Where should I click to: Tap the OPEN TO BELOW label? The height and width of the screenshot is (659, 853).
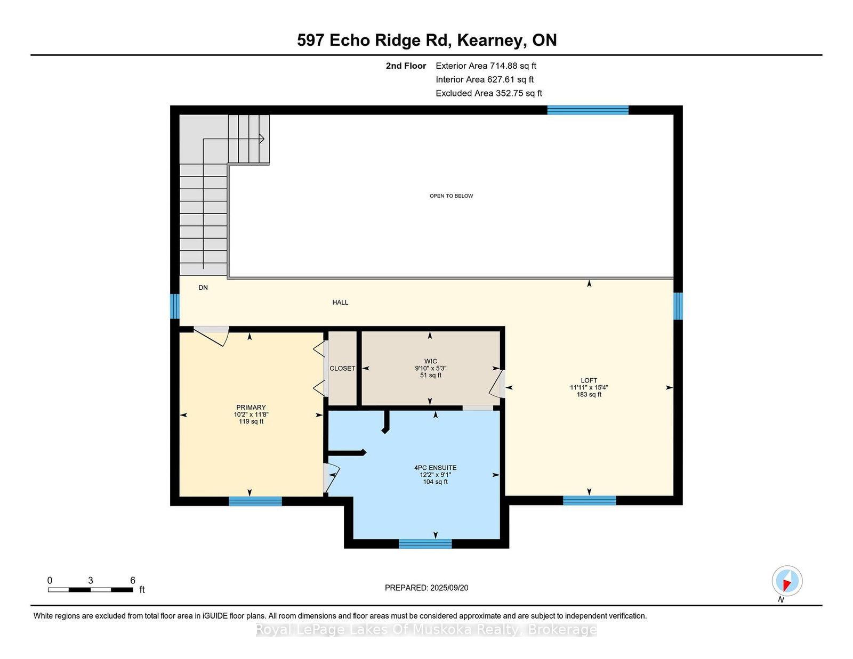coord(451,196)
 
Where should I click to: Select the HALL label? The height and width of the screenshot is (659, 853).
coord(340,303)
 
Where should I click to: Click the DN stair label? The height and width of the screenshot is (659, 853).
coord(203,288)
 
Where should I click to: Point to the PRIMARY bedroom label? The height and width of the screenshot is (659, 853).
coord(251,408)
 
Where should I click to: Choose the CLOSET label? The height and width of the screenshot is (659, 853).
coord(342,368)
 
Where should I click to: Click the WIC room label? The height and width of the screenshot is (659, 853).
coord(431,361)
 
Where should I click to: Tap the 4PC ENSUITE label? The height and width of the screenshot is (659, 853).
coord(436,468)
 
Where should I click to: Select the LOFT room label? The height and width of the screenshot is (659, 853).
coord(589,380)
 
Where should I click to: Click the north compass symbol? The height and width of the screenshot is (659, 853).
coord(787,581)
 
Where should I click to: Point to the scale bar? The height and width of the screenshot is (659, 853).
coord(91,590)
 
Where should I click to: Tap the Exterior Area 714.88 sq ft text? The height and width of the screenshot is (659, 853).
coord(486,66)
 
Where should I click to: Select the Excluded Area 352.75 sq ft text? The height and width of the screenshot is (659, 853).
coord(489,93)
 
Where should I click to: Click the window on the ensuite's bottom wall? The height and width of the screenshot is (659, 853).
coord(425,544)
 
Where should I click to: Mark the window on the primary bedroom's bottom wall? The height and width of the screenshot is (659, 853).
coord(255,501)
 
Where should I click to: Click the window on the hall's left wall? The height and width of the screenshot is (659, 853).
coord(175,306)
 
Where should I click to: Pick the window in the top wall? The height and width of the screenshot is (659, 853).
coord(588,110)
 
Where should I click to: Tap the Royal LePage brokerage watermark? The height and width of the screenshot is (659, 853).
coord(426,630)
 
